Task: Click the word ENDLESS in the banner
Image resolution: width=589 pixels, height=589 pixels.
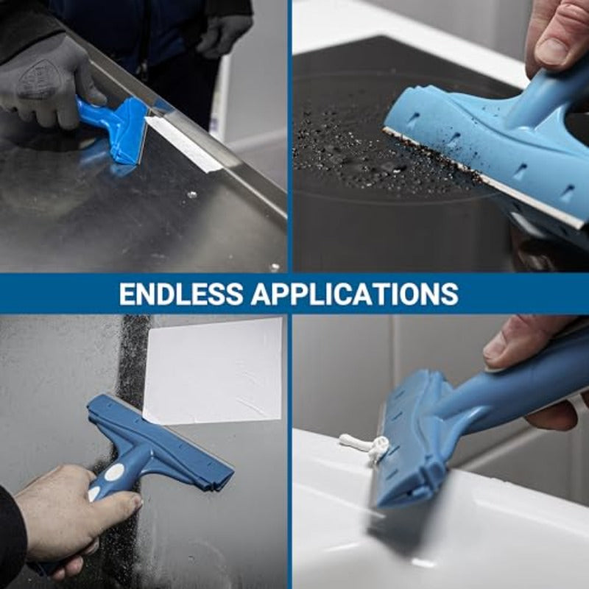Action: pos(180,294)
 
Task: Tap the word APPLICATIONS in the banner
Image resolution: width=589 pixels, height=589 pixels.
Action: pos(354,294)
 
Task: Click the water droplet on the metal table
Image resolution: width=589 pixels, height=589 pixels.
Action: pos(192,195)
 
